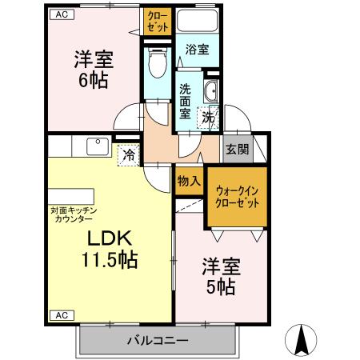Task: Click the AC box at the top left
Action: click(x=60, y=14)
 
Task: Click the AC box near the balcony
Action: click(x=60, y=314)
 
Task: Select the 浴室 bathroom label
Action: click(x=198, y=50)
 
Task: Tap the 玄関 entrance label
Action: click(x=237, y=148)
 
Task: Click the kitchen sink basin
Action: click(x=97, y=146)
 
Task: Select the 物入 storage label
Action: click(x=189, y=182)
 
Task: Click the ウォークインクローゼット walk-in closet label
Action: click(x=238, y=197)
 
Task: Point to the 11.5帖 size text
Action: click(x=110, y=260)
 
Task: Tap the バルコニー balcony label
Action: click(x=158, y=341)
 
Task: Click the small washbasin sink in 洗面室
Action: click(x=212, y=89)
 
